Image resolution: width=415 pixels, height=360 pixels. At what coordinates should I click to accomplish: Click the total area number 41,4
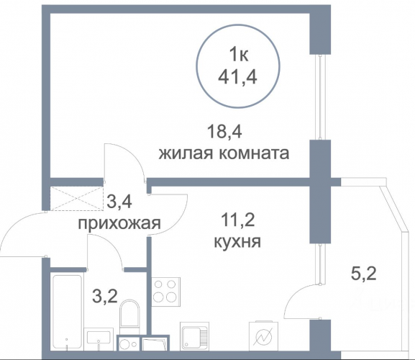coord(237,77)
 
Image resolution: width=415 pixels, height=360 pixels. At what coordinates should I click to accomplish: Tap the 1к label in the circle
coord(239,55)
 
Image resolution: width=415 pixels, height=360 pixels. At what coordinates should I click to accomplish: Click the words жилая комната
coord(224,153)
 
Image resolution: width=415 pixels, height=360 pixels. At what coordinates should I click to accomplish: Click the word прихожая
coord(119,224)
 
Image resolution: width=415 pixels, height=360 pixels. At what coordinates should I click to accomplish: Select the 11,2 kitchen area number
coord(237,220)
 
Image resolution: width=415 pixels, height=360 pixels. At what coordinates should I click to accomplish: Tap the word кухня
coord(237,241)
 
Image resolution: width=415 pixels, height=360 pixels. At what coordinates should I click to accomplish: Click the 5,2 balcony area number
coord(363,274)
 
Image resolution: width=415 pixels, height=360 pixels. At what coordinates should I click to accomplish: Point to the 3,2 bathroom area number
coord(105,296)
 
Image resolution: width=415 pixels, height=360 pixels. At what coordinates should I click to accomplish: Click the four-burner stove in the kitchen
coord(166,292)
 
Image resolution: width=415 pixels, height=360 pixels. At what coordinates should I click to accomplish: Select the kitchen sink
coord(194,336)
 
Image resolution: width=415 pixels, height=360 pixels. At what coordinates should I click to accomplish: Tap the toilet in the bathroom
coord(129,317)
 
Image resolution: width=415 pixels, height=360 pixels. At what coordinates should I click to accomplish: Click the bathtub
coord(67,312)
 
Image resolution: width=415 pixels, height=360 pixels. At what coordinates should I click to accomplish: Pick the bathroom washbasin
coord(99,338)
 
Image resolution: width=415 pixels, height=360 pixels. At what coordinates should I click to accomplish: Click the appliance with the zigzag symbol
coord(264,336)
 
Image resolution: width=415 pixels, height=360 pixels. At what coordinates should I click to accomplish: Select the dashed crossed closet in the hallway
coord(76,198)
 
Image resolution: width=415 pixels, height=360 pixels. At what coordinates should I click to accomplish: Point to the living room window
coord(320,97)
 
